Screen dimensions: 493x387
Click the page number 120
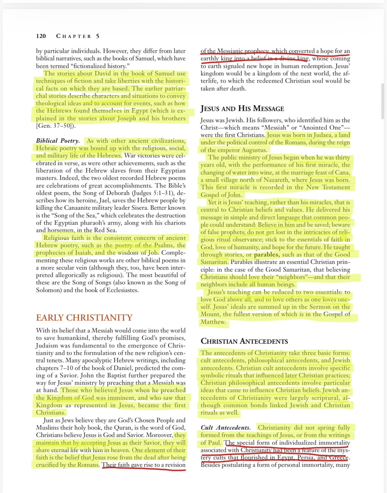click(x=41, y=36)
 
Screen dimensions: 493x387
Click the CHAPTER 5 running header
click(x=78, y=36)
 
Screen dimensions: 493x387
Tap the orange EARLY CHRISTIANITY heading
click(x=84, y=318)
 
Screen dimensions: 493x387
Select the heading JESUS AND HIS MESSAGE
click(x=242, y=109)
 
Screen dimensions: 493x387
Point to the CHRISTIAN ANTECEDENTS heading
click(x=244, y=341)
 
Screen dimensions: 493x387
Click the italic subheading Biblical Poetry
click(x=58, y=141)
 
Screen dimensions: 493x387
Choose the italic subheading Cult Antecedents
click(x=226, y=428)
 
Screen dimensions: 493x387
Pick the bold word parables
click(x=267, y=255)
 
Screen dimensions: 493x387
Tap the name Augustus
click(x=253, y=150)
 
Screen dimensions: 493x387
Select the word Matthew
click(x=213, y=322)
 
